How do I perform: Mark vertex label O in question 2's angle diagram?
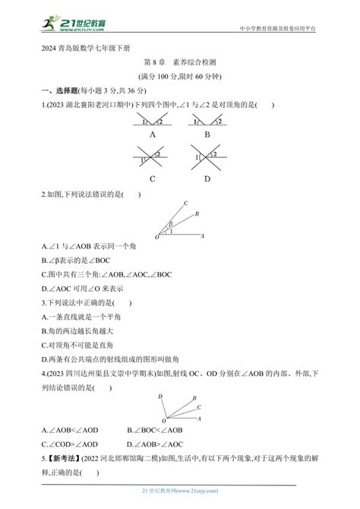click(156, 239)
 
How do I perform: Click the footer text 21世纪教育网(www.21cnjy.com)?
click(180, 501)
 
